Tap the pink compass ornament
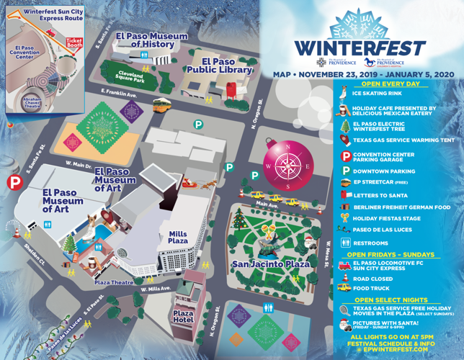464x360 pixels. [x=287, y=164]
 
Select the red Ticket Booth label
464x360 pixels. [x=73, y=42]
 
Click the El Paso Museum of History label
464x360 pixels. [x=151, y=40]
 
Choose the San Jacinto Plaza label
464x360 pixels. [x=270, y=264]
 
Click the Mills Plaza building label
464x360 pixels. [x=178, y=238]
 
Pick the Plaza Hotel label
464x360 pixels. [x=184, y=316]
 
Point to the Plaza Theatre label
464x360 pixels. [x=112, y=282]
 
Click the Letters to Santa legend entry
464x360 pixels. [x=381, y=195]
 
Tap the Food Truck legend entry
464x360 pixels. [x=372, y=288]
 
